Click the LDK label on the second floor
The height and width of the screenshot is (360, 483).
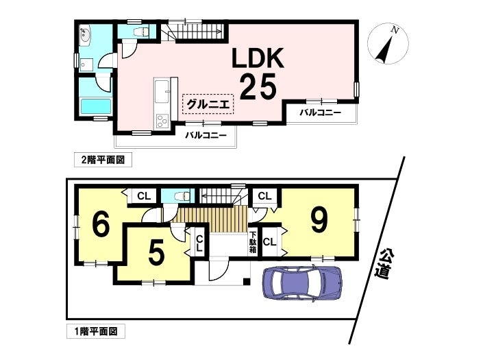[x=258, y=58]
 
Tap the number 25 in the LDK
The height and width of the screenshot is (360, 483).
[x=258, y=86]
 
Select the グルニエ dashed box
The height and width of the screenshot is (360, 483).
[x=208, y=104]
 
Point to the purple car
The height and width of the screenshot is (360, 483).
[x=302, y=283]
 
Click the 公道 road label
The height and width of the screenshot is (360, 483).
[x=385, y=263]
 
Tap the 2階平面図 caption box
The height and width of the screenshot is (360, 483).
[x=103, y=160]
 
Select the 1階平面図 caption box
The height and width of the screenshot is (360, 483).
[x=96, y=331]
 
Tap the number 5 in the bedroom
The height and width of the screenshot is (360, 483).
[x=156, y=254]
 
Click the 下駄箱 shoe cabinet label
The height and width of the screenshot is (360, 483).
[x=253, y=242]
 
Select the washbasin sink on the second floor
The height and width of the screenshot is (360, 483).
[x=84, y=36]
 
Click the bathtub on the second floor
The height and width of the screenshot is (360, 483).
[x=95, y=107]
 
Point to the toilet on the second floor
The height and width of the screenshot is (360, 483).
[x=142, y=32]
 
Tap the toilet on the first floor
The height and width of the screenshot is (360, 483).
[x=182, y=196]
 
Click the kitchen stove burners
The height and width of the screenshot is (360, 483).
[x=162, y=121]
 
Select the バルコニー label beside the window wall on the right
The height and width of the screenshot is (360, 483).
[x=321, y=112]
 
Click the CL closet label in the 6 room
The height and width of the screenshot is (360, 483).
[x=144, y=196]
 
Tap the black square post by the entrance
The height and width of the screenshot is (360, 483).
[x=247, y=281]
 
